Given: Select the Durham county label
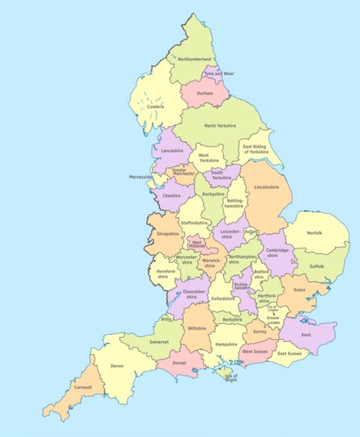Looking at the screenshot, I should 204,93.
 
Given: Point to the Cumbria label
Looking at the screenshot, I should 156,107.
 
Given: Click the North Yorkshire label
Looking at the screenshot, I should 220,126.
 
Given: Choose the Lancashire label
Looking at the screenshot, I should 172,150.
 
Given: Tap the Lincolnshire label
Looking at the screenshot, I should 266,186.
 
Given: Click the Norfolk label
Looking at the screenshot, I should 315,233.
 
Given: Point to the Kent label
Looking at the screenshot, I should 306,335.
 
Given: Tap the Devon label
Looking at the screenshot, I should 117,366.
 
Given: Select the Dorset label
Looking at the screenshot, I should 180,363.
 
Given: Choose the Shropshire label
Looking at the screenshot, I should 168,233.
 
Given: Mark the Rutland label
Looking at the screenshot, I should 250,232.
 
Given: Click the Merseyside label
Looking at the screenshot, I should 140,176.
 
